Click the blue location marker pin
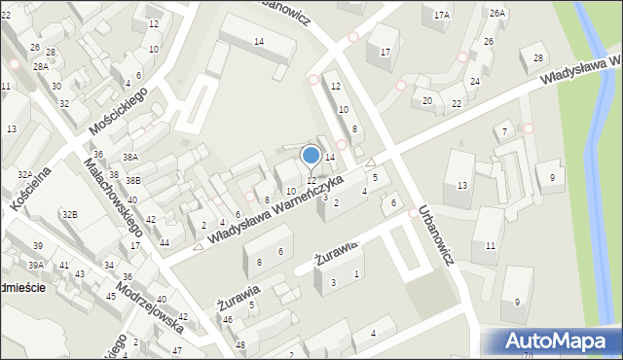[311, 156]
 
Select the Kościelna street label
[32, 180]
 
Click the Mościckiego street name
[117, 111]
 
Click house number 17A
[442, 15]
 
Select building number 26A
[497, 13]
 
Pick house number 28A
[40, 67]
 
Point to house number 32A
[24, 174]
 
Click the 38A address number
[130, 157]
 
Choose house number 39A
[35, 265]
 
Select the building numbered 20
[426, 101]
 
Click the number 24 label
[474, 82]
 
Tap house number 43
[79, 273]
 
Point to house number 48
[239, 345]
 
